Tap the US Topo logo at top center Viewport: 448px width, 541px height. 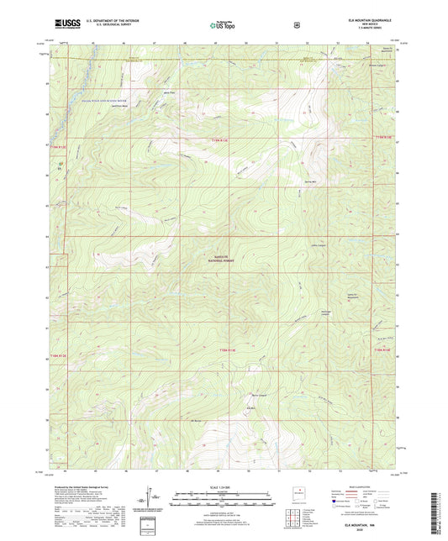(x=223, y=26)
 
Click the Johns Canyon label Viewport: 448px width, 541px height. (x=318, y=245)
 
